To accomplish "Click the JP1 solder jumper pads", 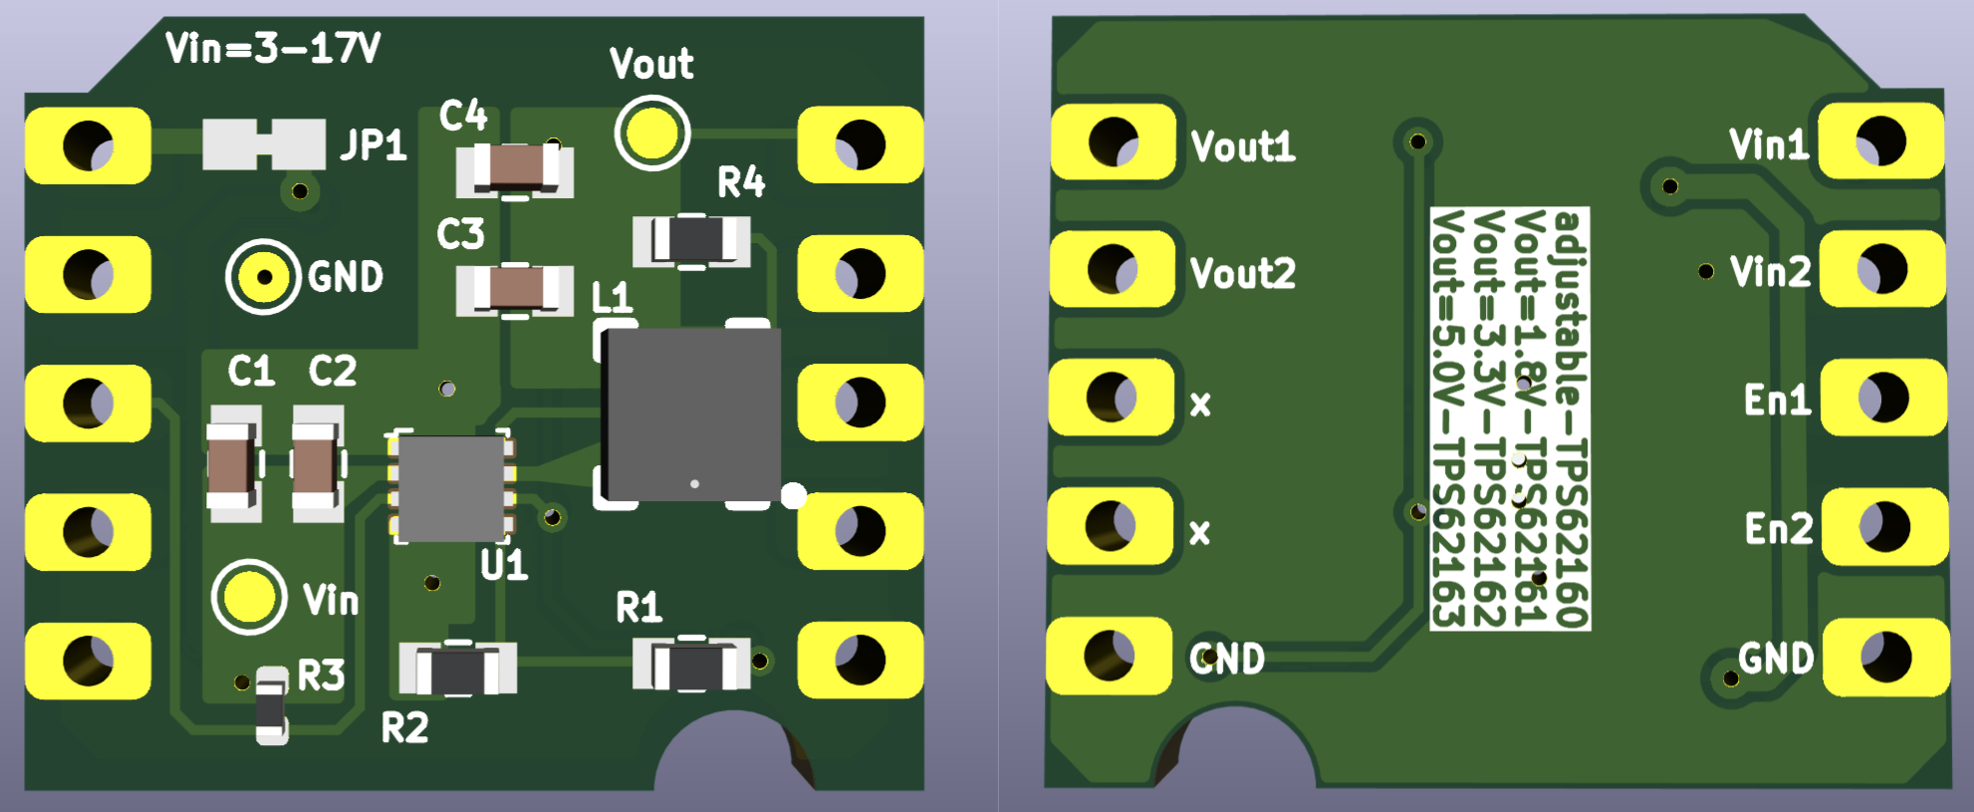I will point(264,144).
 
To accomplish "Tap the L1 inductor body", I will point(691,414).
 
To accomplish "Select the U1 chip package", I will point(451,487).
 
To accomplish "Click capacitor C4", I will point(515,167).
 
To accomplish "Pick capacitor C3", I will point(515,290).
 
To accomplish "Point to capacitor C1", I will point(232,464).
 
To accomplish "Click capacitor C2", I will point(316,464).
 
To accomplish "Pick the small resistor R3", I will point(271,706).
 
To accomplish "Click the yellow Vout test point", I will point(652,133).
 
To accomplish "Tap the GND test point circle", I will point(264,276).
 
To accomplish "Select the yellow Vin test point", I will point(248,597).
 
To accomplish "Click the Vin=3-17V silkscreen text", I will point(273,48).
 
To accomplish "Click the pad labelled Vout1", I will point(1113,141).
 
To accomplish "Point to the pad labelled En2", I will point(1884,527).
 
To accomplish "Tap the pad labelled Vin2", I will point(1882,269).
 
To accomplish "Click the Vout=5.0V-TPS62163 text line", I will point(1448,418).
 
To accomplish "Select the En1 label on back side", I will point(1777,400).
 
